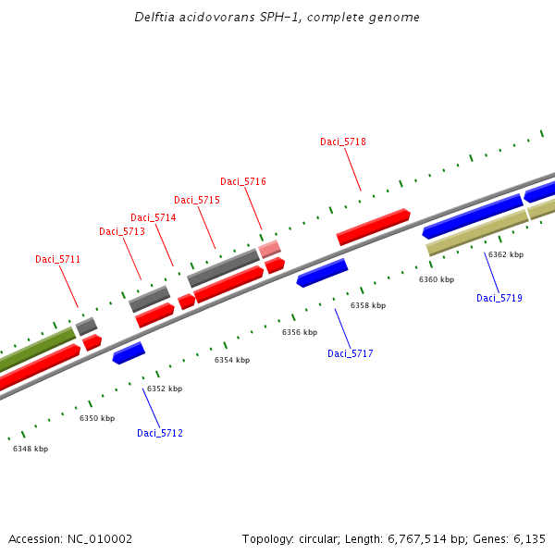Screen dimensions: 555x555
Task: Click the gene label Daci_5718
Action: pos(343,142)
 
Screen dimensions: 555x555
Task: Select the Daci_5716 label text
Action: pos(243,181)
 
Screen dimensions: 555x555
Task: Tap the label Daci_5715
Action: pos(197,200)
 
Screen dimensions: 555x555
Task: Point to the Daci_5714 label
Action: pos(153,217)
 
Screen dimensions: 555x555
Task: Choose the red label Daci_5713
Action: pos(122,231)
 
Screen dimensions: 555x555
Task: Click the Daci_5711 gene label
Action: pos(58,259)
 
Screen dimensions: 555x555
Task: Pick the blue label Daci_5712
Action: pos(160,433)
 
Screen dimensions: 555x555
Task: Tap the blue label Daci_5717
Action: pos(351,353)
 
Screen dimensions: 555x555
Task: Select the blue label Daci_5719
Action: pos(499,298)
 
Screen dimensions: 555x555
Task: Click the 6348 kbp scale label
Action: pos(31,449)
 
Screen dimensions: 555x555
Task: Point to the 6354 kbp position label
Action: pos(232,360)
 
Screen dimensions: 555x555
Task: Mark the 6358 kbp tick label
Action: pos(367,305)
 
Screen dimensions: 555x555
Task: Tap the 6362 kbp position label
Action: pos(506,254)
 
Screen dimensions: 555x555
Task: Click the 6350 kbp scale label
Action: pos(97,419)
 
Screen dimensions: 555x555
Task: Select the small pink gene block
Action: pos(269,249)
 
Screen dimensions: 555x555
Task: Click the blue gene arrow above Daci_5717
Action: pos(322,273)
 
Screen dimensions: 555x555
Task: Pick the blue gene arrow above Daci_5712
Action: pos(129,352)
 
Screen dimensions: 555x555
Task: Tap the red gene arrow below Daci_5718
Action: pos(373,227)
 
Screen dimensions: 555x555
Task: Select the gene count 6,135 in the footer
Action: pos(528,538)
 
